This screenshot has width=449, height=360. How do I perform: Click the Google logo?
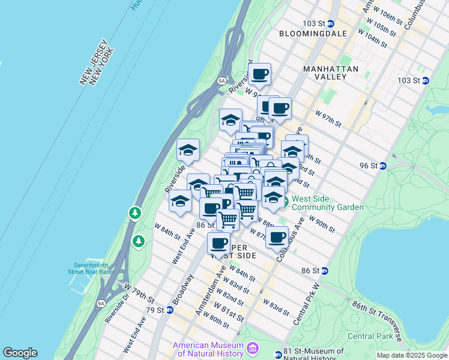20,353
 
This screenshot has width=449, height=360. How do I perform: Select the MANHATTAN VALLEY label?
331,73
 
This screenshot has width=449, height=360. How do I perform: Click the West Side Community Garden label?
328,203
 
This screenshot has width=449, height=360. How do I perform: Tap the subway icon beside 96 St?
382,166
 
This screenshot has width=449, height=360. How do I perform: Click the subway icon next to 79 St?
170,310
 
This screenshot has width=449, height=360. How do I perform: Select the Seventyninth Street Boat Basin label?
94,268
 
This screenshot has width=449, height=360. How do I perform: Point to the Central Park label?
370,335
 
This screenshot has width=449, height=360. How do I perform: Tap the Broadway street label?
182,290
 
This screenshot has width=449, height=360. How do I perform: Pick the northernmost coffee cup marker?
260,74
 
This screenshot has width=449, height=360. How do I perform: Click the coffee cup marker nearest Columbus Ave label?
277,237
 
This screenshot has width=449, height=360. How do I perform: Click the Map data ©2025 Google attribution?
411,355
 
